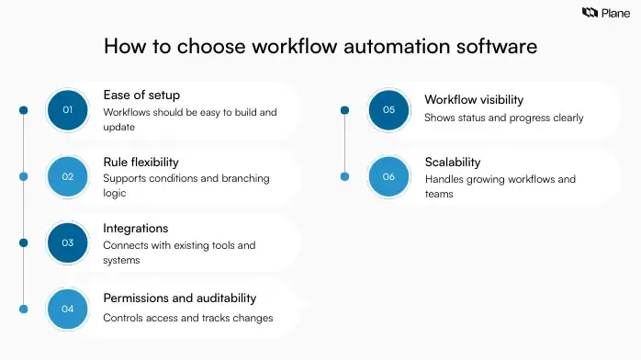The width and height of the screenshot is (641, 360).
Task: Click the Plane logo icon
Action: coord(590,13)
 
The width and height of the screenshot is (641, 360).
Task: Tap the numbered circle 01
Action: coord(67,110)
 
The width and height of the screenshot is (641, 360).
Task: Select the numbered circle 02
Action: coord(67,176)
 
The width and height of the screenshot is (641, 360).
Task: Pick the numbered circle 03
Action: coord(67,242)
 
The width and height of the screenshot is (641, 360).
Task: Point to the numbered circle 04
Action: coord(67,309)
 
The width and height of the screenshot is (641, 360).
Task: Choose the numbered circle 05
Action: coord(388,110)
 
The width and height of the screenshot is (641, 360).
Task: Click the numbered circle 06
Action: coord(388,176)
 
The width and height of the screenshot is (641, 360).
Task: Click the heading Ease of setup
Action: coord(141,96)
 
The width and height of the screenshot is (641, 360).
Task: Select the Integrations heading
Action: coord(137,228)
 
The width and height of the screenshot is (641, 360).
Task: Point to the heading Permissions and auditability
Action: coord(179,298)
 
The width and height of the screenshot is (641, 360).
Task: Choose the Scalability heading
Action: coord(453,163)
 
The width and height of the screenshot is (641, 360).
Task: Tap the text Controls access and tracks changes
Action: coord(187,319)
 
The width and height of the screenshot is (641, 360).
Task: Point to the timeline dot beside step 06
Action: coord(345,176)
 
